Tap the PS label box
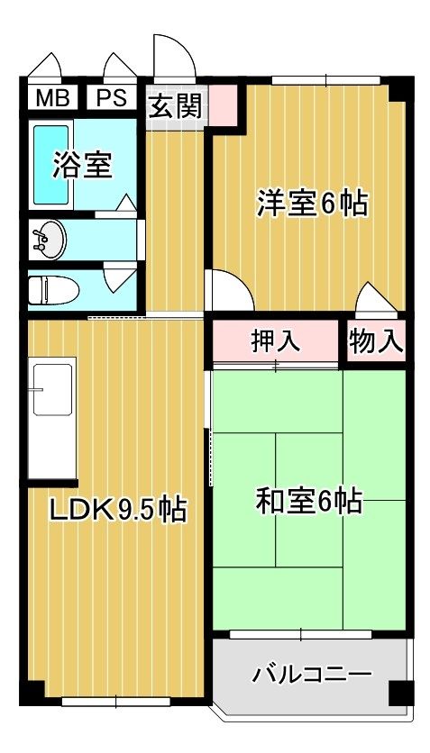coord(111,97)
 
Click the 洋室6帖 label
coord(313,204)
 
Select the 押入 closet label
coord(276,341)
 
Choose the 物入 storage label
coord(376,341)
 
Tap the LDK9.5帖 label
coord(117,511)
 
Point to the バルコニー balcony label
coord(311,673)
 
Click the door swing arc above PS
coord(120,68)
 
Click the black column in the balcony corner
coord(397,694)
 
